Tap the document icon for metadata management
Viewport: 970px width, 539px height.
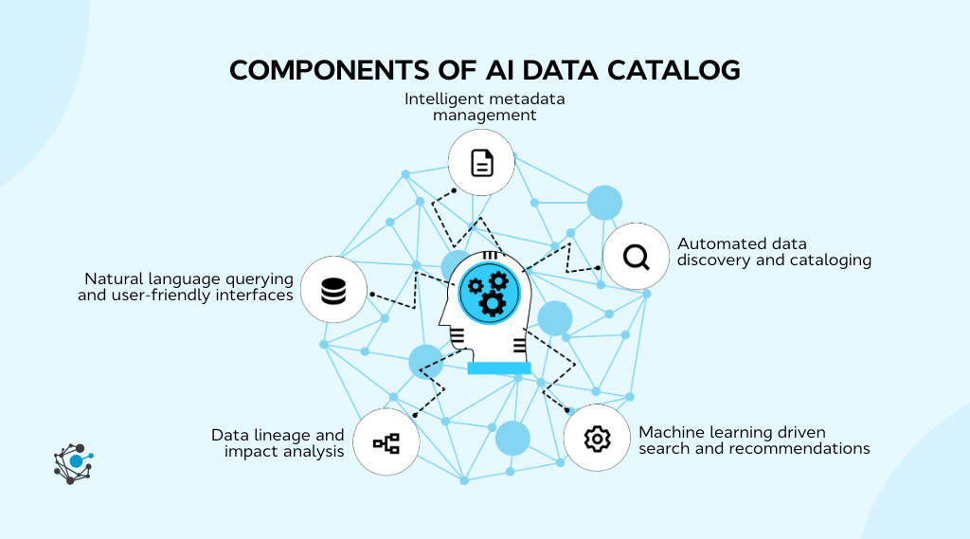click(x=481, y=163)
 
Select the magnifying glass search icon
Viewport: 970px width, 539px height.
click(x=637, y=256)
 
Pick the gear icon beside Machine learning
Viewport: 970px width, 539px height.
click(x=597, y=438)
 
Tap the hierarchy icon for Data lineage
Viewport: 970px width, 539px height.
click(x=386, y=442)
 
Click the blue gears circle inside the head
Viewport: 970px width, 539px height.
click(x=490, y=291)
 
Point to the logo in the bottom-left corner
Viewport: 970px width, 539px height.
click(x=73, y=464)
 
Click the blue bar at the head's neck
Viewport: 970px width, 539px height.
click(x=499, y=368)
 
